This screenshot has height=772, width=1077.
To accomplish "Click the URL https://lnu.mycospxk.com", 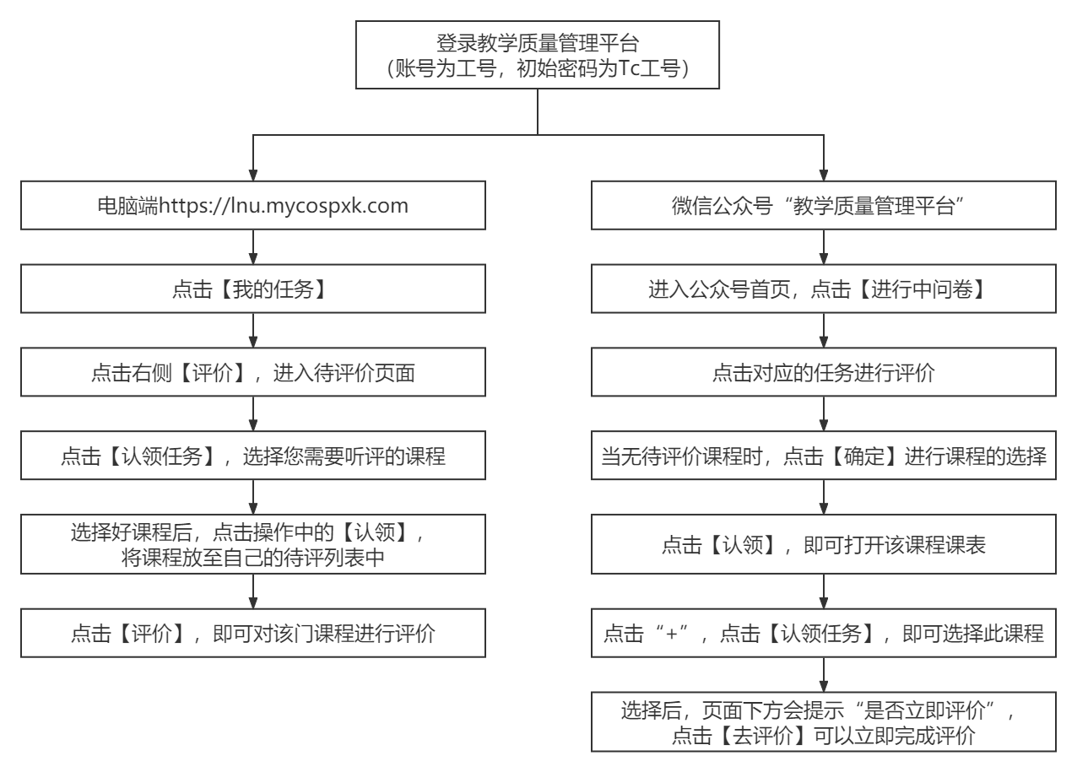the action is (x=284, y=206).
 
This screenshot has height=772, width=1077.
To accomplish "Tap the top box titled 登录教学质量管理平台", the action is (x=537, y=55).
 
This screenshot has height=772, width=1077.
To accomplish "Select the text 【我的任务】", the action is (x=273, y=289).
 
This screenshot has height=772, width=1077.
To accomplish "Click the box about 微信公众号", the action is (x=823, y=205).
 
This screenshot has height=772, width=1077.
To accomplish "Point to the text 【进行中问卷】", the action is (x=921, y=289).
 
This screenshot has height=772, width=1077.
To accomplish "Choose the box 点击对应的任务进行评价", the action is (x=823, y=372).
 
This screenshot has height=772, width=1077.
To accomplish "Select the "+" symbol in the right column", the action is (x=672, y=633).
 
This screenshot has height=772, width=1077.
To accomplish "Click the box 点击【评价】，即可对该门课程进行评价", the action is (x=253, y=633).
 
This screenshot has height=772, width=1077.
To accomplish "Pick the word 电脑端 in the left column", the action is (x=128, y=206).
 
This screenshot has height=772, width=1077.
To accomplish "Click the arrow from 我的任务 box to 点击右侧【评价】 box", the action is (x=253, y=330).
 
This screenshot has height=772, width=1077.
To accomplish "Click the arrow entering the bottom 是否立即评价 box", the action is (x=824, y=675).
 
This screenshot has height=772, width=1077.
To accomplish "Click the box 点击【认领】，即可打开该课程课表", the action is (x=823, y=544).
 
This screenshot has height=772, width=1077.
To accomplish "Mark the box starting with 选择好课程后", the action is (x=253, y=544).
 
